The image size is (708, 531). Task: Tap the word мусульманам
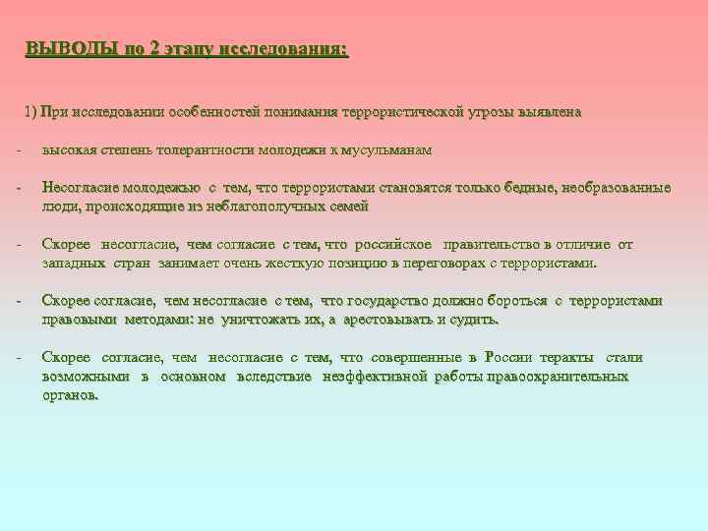(x=392, y=150)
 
